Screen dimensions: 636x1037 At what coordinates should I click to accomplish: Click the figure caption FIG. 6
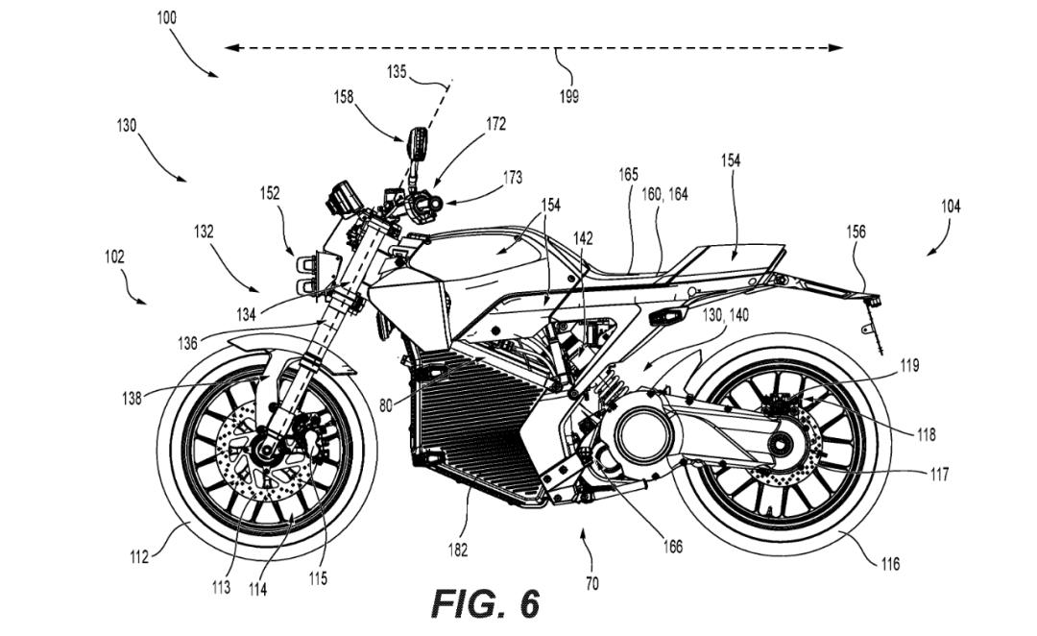click(485, 602)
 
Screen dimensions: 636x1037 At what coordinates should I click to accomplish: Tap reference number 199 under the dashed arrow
click(569, 96)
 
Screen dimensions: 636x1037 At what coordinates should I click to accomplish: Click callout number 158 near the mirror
click(344, 96)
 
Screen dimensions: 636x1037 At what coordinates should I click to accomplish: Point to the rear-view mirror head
click(418, 144)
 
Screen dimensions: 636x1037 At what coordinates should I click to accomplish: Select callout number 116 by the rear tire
click(890, 564)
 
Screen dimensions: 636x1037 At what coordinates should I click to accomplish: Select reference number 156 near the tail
click(856, 232)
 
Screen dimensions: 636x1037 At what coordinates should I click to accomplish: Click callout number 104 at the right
click(951, 206)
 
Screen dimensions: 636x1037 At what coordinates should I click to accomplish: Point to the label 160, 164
click(664, 194)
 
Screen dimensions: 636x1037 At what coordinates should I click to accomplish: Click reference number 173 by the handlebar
click(512, 178)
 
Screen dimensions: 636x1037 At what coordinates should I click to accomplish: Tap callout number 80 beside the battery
click(385, 404)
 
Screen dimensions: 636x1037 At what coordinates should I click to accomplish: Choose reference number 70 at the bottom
click(592, 582)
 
